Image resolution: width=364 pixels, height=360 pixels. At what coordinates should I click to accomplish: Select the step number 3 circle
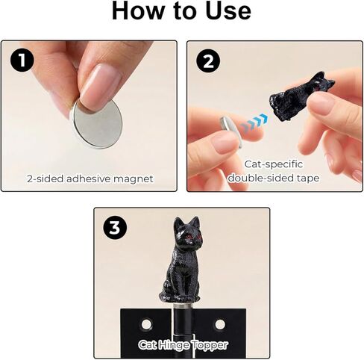click(114, 228)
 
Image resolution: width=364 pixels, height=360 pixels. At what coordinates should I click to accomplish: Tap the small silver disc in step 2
click(228, 127)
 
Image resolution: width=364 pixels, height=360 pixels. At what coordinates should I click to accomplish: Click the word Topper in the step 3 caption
click(211, 344)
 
